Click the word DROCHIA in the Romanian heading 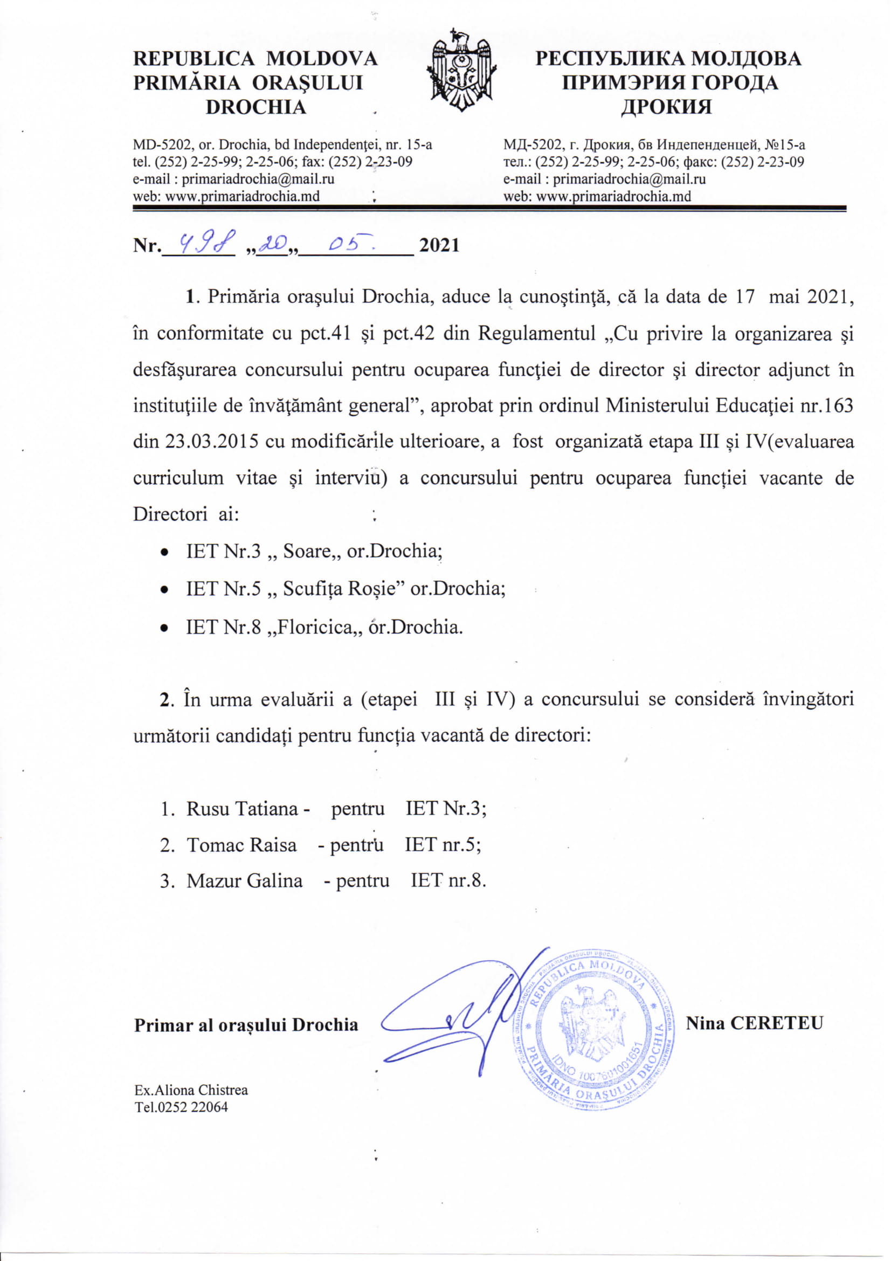click(255, 107)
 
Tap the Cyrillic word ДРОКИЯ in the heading click(666, 107)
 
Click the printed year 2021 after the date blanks click(439, 245)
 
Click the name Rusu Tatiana click(242, 809)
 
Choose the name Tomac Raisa click(241, 845)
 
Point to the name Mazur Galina click(244, 881)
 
